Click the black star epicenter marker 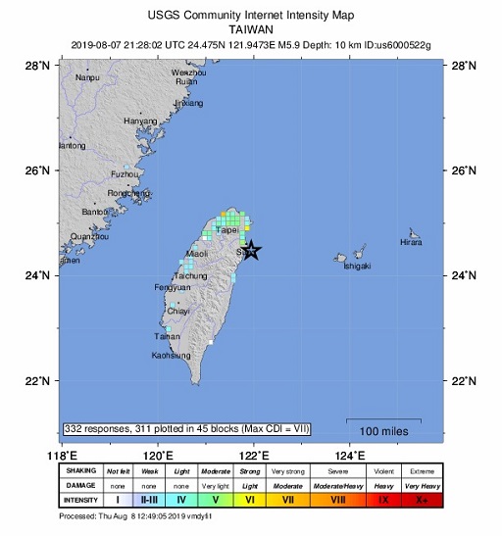click(x=251, y=250)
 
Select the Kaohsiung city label click(x=172, y=355)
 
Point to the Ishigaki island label click(x=357, y=266)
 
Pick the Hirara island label click(x=412, y=242)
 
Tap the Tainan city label click(x=167, y=336)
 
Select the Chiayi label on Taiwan click(x=177, y=311)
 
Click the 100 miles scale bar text click(x=383, y=431)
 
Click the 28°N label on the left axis click(x=37, y=66)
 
